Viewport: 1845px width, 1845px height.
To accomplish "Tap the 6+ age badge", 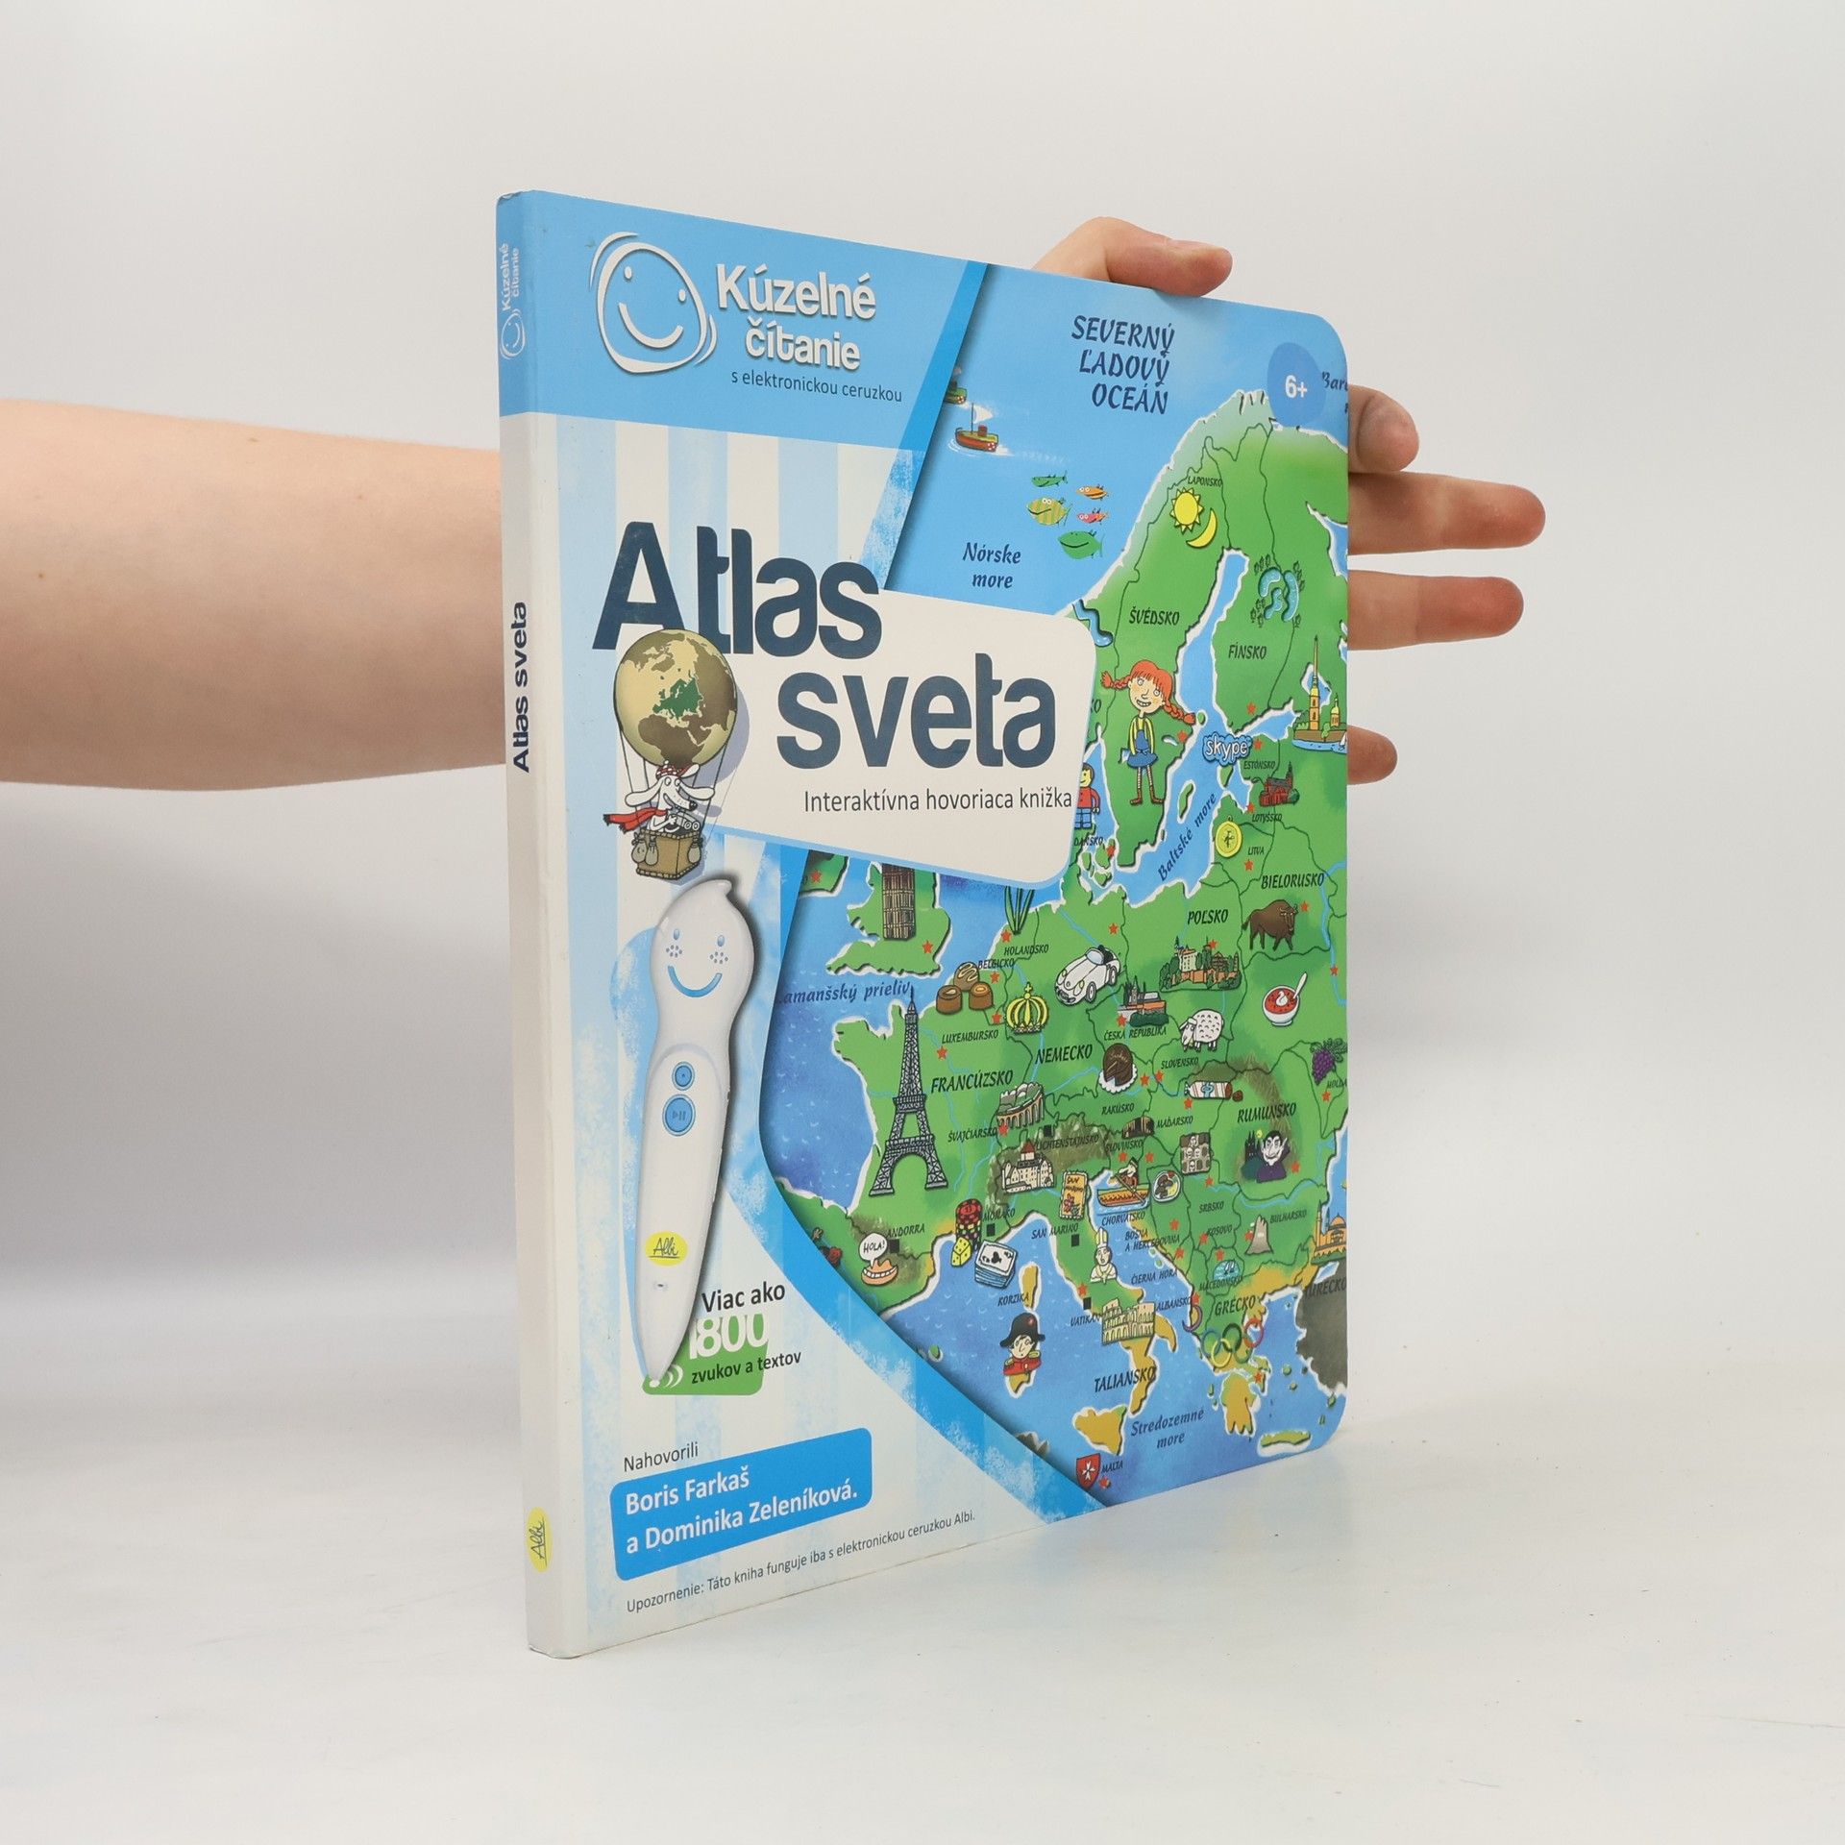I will [x=1296, y=388].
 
